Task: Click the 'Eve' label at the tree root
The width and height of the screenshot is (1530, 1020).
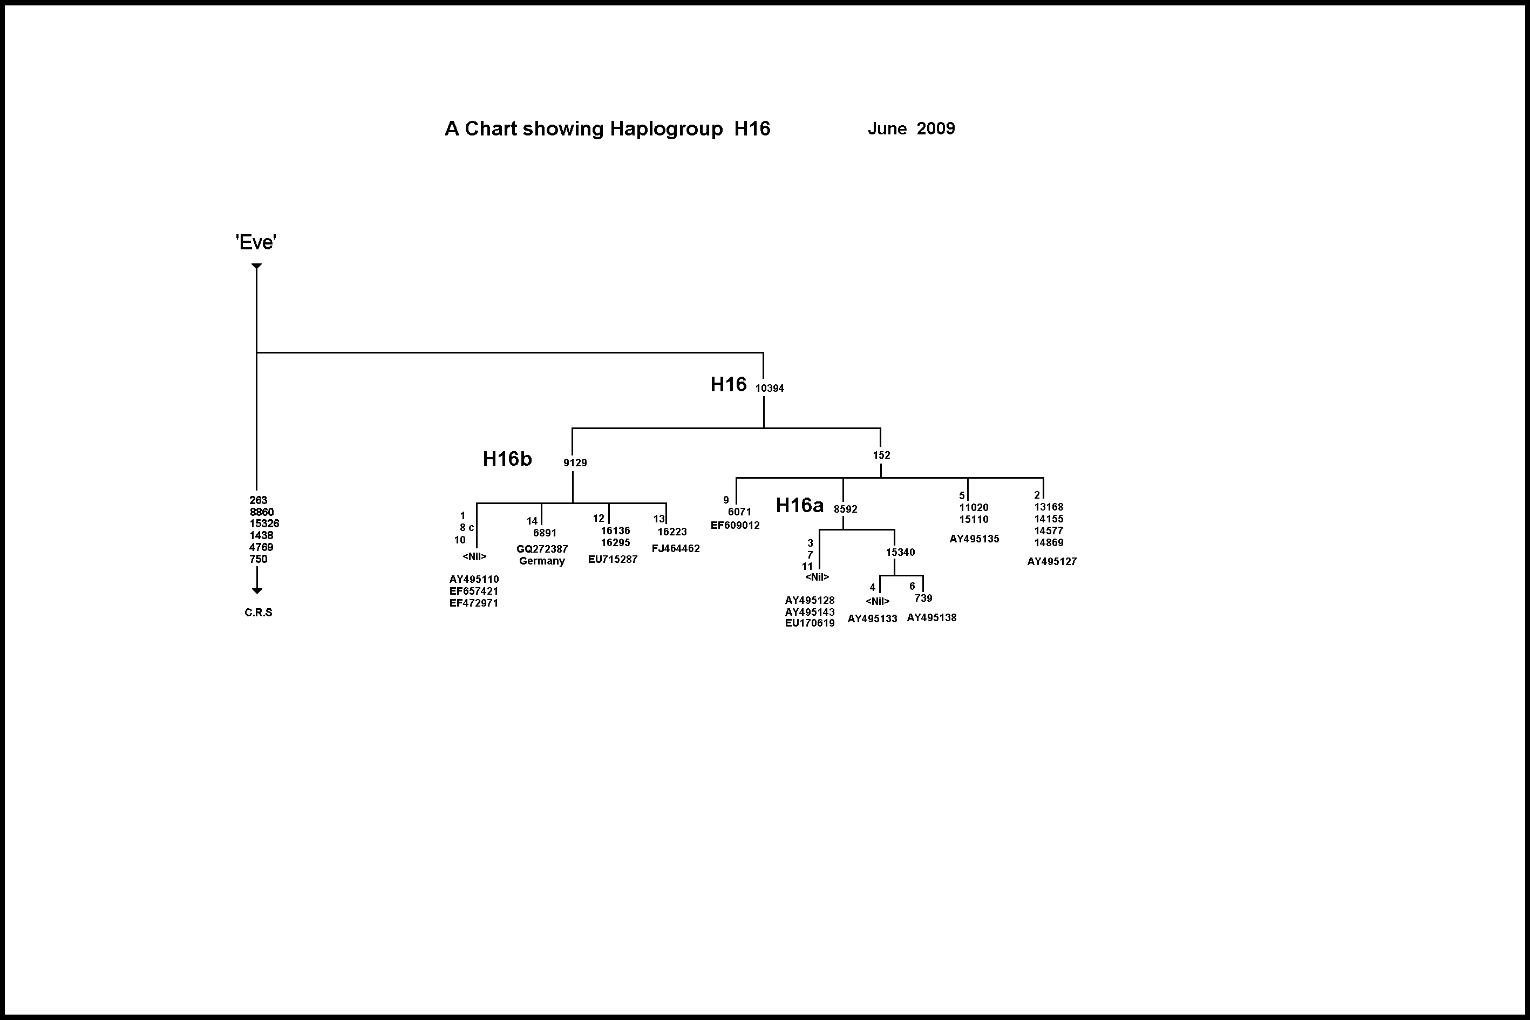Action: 256,243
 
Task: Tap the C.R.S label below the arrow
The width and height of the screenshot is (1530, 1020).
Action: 259,613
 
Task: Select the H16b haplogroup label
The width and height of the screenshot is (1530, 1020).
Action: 507,459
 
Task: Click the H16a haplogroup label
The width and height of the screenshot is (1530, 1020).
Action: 799,506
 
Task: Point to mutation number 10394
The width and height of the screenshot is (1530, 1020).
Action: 770,389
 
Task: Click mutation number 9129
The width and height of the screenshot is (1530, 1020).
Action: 575,463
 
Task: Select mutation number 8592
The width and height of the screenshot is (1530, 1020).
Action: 846,509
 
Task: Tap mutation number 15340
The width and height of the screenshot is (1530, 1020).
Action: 900,552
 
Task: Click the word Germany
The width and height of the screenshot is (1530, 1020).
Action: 542,561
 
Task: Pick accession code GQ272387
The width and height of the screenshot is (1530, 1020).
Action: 542,549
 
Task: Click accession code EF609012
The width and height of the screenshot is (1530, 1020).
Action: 735,526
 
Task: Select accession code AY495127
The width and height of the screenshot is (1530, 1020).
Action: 1052,561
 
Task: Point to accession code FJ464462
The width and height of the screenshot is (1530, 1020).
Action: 676,548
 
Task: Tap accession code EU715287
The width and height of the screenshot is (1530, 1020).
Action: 613,560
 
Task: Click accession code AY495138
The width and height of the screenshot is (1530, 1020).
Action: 931,618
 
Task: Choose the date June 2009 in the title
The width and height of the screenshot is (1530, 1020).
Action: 911,129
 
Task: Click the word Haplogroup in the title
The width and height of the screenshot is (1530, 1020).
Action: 666,129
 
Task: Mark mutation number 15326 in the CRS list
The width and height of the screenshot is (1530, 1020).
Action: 264,523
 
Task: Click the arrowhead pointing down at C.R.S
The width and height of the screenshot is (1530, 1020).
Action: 257,590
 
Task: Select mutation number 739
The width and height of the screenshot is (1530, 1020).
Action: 923,599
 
